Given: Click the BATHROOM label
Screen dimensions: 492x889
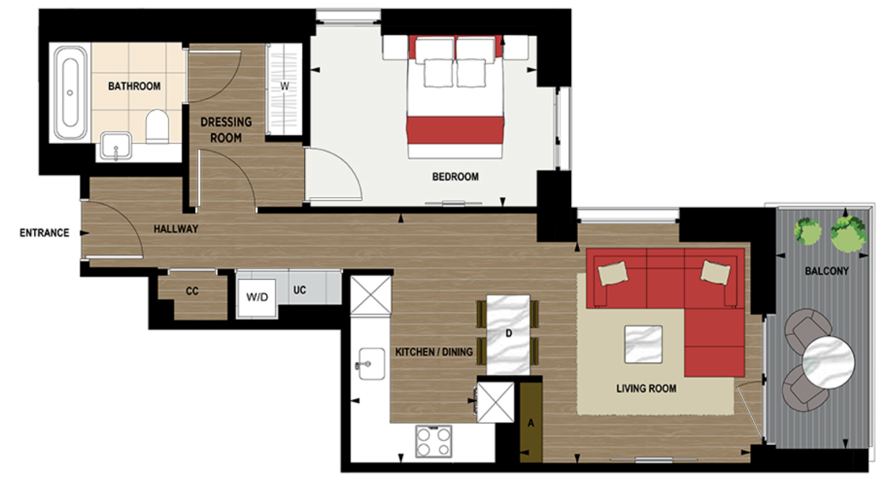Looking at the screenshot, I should tap(134, 87).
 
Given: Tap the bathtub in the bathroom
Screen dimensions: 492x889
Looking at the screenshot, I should tap(70, 92).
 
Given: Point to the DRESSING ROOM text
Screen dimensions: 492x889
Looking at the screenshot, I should tap(226, 129).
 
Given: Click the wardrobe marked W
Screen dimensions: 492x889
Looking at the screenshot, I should tap(285, 87).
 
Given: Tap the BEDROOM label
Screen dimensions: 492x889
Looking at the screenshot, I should tap(455, 176).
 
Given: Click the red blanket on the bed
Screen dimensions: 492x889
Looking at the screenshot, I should tap(455, 131).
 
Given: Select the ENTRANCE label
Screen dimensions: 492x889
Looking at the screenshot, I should tap(44, 233).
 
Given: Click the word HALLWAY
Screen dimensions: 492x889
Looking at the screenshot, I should tap(176, 229).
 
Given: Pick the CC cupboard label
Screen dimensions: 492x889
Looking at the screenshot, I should tap(192, 291).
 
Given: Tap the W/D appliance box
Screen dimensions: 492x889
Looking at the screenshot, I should tap(257, 296).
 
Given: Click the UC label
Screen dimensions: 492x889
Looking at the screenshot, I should tap(300, 290).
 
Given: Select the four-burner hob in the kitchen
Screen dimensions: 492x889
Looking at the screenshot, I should tap(434, 440).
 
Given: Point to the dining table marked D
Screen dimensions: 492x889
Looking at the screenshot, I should tap(508, 335).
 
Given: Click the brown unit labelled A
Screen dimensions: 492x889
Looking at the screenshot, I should tap(531, 422).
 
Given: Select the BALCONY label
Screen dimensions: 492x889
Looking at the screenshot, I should tap(827, 271).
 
